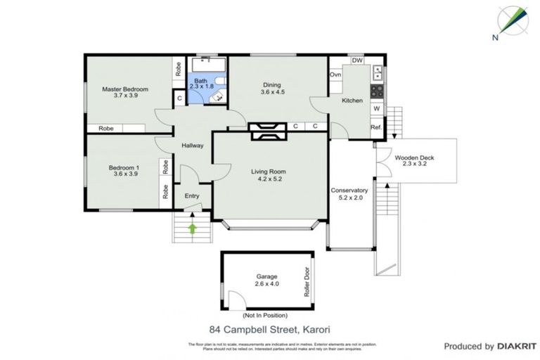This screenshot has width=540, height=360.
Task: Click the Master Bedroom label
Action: point(124,89)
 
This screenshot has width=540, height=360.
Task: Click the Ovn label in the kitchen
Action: point(335,75)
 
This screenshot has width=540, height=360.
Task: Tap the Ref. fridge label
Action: point(376,127)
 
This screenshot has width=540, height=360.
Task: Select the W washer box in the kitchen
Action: point(377,108)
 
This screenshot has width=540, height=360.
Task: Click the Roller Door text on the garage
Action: point(307,281)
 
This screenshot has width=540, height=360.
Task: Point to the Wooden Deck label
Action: point(413,157)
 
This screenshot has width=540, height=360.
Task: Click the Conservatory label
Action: point(349,191)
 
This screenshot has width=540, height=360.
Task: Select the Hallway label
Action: point(192,146)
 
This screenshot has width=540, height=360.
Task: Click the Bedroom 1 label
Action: point(124,167)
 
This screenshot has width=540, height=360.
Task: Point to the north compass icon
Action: point(511,22)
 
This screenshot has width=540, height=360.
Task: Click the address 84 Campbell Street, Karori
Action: point(269,328)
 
